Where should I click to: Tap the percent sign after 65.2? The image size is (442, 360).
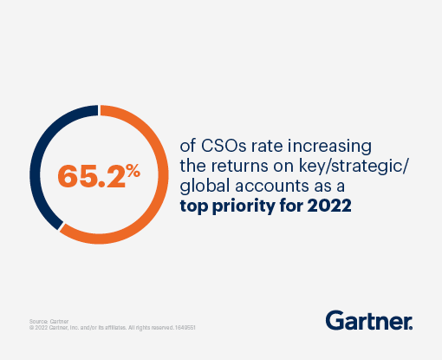pos(132,170)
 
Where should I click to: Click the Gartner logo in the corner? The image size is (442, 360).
pos(369,320)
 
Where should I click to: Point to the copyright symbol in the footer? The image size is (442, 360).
pos(32,329)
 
